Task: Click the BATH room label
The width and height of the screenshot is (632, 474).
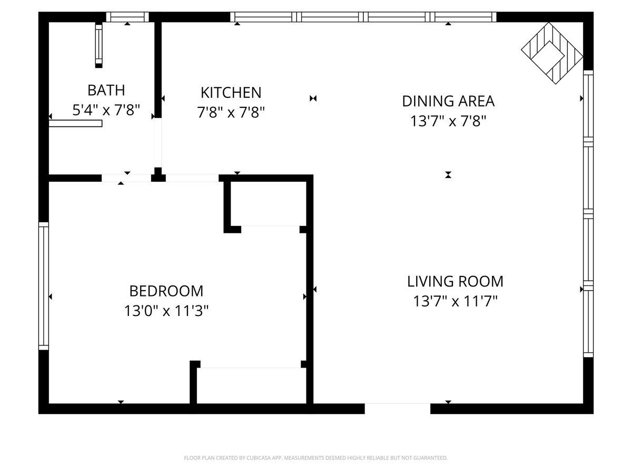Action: pos(106,90)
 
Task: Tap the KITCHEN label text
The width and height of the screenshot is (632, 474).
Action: pos(231,93)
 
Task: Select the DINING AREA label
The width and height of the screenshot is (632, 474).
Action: pos(448,101)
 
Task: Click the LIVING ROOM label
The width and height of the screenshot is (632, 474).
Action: pos(455,281)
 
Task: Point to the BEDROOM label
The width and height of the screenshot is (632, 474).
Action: pos(166,291)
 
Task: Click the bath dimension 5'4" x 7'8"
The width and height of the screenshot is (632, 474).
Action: pos(106,110)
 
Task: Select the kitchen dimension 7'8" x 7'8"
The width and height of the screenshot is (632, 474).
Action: pos(231,113)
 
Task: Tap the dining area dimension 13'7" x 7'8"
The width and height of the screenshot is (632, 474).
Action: pos(448,121)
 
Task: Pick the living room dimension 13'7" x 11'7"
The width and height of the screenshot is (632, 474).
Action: pos(455,302)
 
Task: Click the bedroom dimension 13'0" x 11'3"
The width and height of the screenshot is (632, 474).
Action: pos(166,311)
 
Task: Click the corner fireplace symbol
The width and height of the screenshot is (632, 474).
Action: pos(551,53)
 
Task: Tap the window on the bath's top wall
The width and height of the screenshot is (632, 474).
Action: pos(127,17)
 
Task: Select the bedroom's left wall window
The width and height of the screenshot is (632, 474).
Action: pos(44,285)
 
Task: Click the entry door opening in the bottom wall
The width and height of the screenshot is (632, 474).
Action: pos(398,408)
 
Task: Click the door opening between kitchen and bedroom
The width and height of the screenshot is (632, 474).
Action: pos(192,178)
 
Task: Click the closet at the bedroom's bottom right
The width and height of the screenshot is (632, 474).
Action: pos(251,386)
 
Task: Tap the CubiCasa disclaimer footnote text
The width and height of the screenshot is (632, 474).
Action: pos(316,458)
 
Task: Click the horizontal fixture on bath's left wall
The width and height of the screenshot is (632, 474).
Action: pos(75,123)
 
